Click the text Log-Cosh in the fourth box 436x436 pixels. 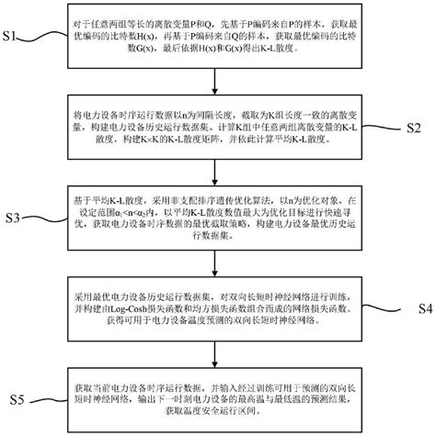pyautogui.click(x=151, y=311)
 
